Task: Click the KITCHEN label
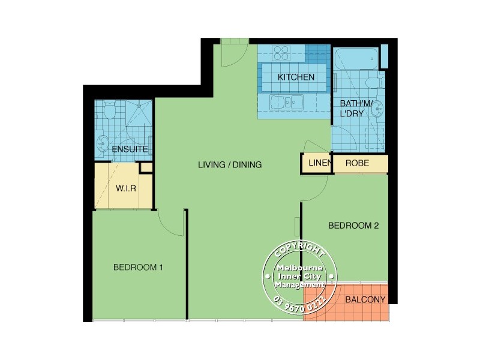pos(296,77)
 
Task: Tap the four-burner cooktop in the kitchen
pos(281,53)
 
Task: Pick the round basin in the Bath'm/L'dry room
pos(378,108)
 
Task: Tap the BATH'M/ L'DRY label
pos(356,109)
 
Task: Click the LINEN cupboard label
pos(316,163)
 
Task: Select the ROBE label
pos(357,163)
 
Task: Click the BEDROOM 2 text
pos(353,226)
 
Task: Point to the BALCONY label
pos(365,299)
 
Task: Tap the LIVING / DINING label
pos(230,164)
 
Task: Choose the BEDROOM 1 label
pos(138,268)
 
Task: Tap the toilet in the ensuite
pos(109,111)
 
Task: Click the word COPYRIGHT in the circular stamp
pos(298,252)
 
